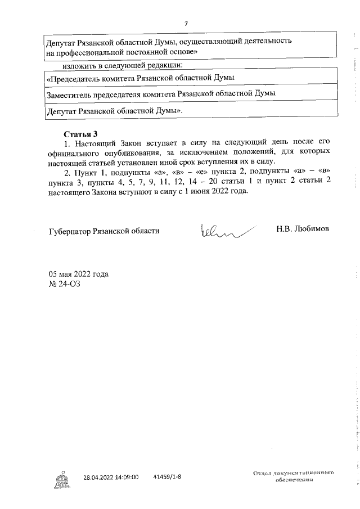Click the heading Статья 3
pyautogui.click(x=81, y=134)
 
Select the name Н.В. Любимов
pyautogui.click(x=303, y=229)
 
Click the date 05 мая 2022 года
pyautogui.click(x=79, y=274)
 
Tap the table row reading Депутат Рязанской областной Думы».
pyautogui.click(x=116, y=111)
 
